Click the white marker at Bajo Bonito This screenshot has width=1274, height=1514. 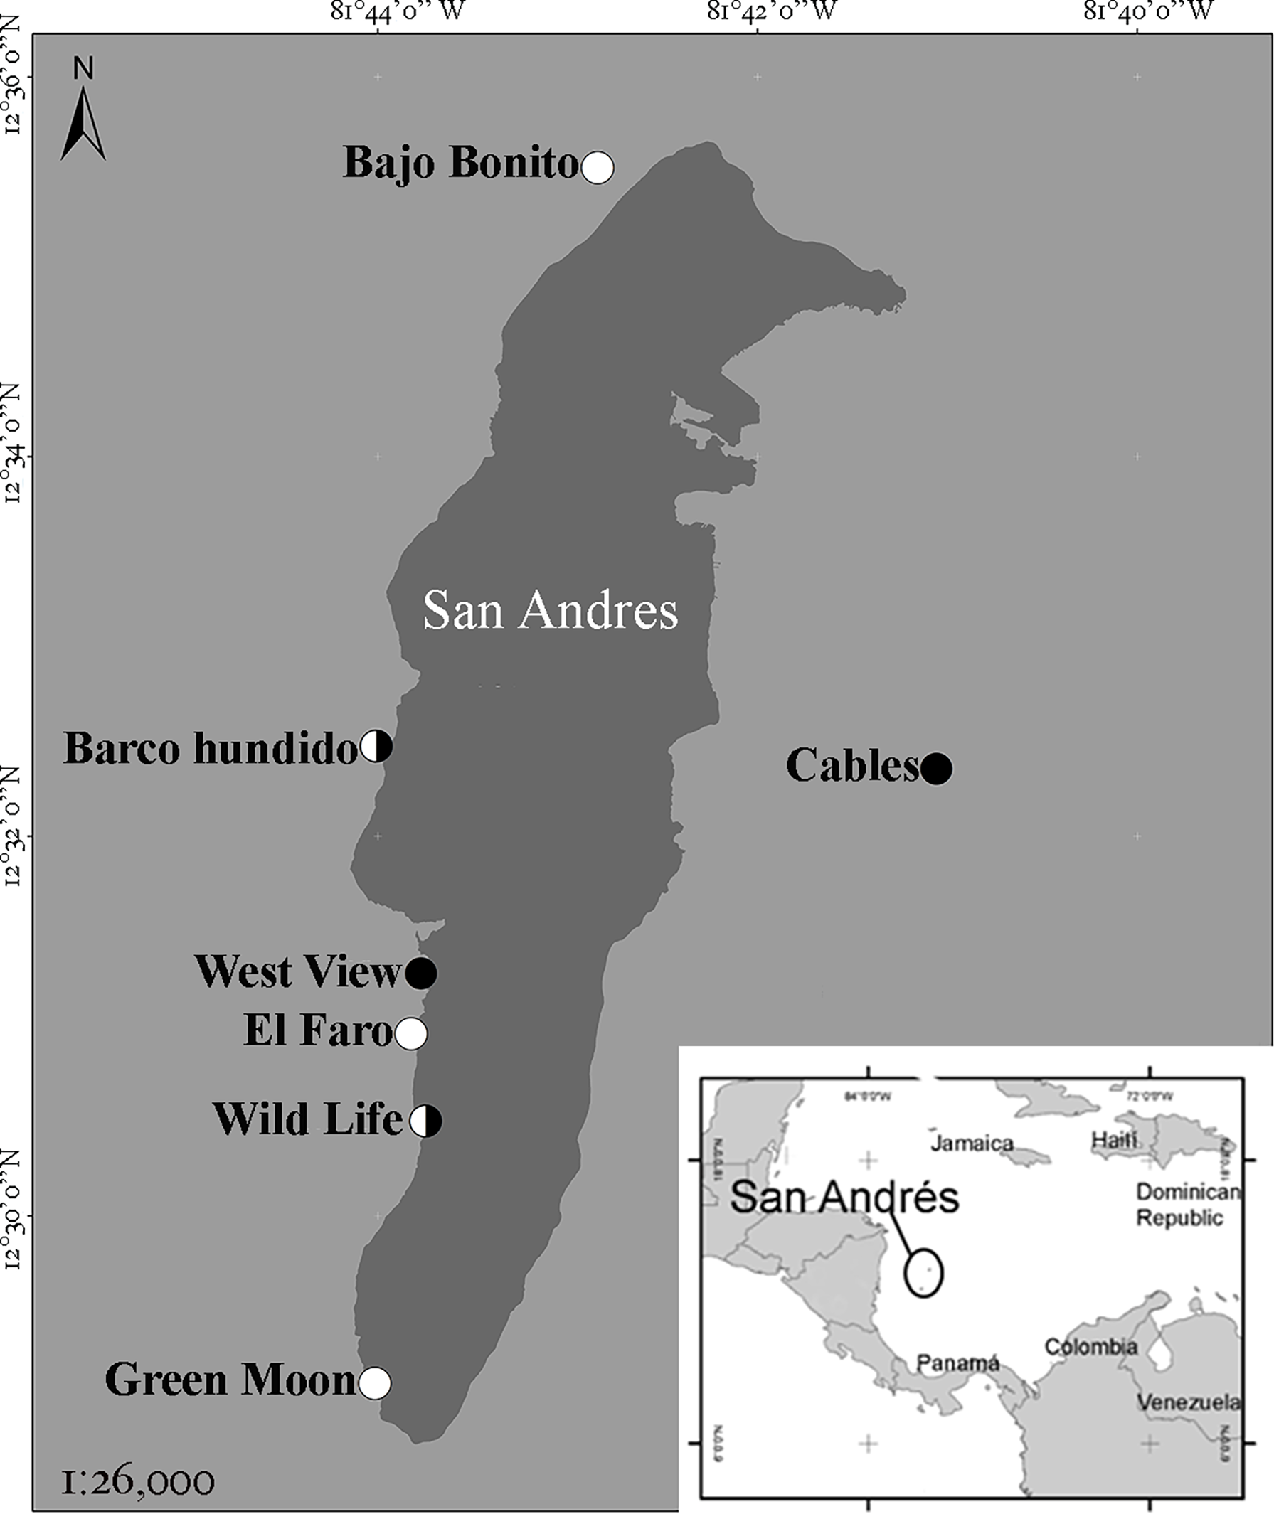click(598, 168)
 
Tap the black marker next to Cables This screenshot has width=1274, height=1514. click(936, 768)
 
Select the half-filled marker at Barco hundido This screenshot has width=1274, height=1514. click(376, 745)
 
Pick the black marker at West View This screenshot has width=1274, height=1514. click(421, 974)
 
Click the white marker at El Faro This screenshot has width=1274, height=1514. click(411, 1034)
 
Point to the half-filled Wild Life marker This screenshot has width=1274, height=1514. click(426, 1121)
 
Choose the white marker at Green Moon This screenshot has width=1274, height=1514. click(375, 1383)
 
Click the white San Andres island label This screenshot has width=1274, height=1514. click(551, 611)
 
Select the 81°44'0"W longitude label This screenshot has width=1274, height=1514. click(398, 11)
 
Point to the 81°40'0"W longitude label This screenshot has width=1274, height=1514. click(1147, 11)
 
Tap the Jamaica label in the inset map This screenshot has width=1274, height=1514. click(972, 1144)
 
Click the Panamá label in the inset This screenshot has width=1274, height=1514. click(957, 1363)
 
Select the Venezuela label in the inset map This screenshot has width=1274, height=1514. click(1189, 1402)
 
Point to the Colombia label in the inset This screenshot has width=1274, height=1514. click(1090, 1346)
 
